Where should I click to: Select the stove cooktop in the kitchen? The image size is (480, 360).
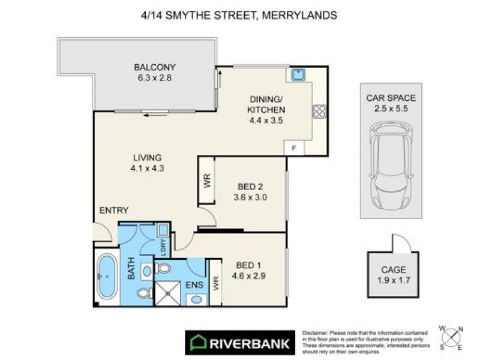coord(318,112)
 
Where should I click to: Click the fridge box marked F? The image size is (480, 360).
coord(294,147)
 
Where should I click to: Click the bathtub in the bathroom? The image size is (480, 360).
coord(107,277)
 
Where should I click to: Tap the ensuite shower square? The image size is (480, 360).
coord(169,292)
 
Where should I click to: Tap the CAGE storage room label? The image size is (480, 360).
coord(394,269)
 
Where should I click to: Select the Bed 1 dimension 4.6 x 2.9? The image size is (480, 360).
coord(248,277)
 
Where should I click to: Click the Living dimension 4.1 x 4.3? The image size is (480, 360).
coord(147,169)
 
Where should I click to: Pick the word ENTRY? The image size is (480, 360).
coord(113,210)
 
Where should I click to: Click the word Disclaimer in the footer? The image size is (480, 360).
coord(316,332)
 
